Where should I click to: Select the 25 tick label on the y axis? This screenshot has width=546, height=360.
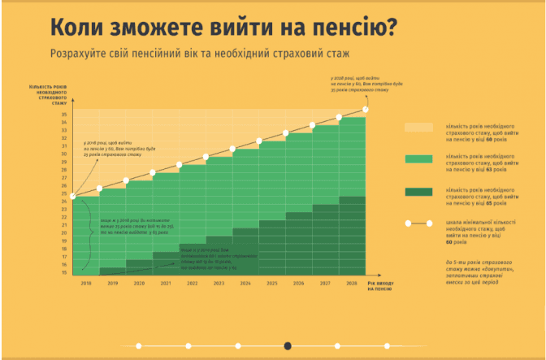pyautogui.click(x=63, y=194)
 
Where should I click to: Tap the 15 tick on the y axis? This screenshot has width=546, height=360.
pyautogui.click(x=63, y=272)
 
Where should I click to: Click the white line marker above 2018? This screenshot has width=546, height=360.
pyautogui.click(x=74, y=196)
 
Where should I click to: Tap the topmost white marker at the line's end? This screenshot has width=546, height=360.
pyautogui.click(x=366, y=109)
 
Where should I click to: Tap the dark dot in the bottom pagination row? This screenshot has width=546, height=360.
pyautogui.click(x=288, y=345)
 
